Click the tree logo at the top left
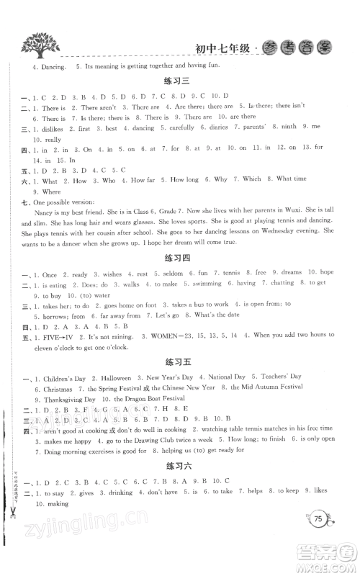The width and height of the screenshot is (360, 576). (36, 45)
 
